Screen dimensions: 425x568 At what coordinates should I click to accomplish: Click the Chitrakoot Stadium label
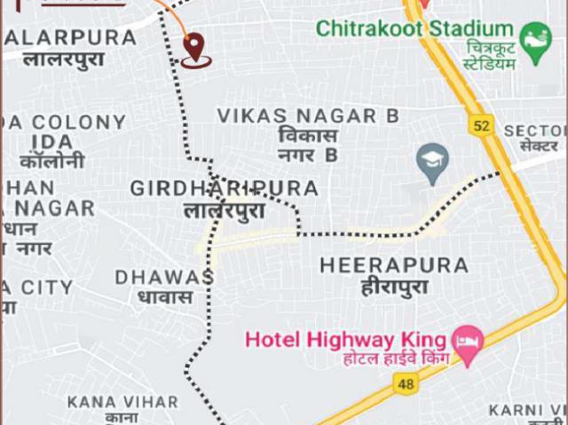tap(414, 28)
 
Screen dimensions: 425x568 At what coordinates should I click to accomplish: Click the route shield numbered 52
tap(482, 126)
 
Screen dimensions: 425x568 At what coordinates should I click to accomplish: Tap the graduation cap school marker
tap(432, 161)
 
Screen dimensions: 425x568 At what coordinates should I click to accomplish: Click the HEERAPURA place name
tap(394, 265)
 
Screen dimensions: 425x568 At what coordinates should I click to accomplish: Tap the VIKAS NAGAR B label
tap(308, 116)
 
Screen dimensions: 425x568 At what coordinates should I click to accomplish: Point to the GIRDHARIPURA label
tap(224, 188)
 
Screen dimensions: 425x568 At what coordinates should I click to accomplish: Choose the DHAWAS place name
tap(164, 277)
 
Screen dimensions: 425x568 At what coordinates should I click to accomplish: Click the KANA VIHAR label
tap(122, 402)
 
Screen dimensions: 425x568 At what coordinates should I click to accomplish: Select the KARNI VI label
tap(526, 410)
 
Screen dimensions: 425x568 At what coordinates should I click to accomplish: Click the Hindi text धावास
tap(164, 297)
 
